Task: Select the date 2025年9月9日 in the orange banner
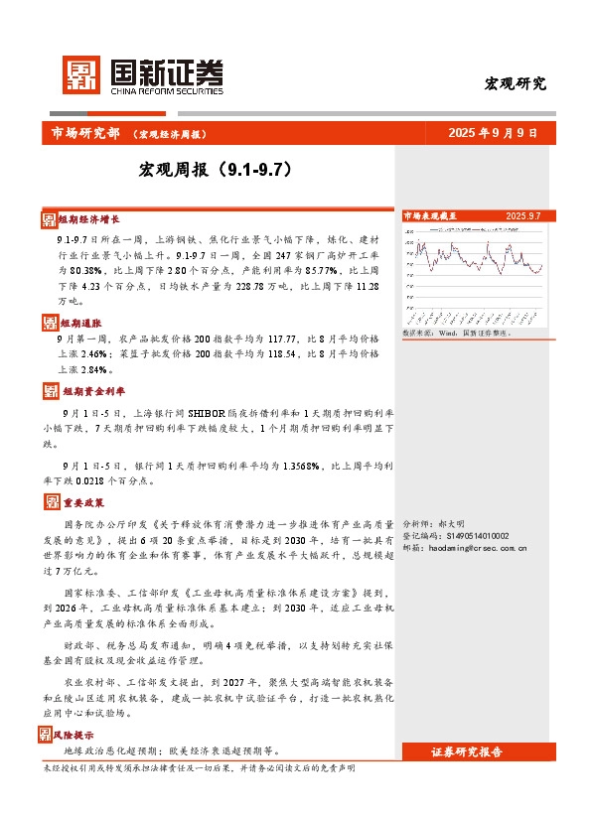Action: coord(492,132)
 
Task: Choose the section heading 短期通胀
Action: coord(78,323)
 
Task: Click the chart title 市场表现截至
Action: coord(430,214)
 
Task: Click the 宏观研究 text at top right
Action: coord(515,83)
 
